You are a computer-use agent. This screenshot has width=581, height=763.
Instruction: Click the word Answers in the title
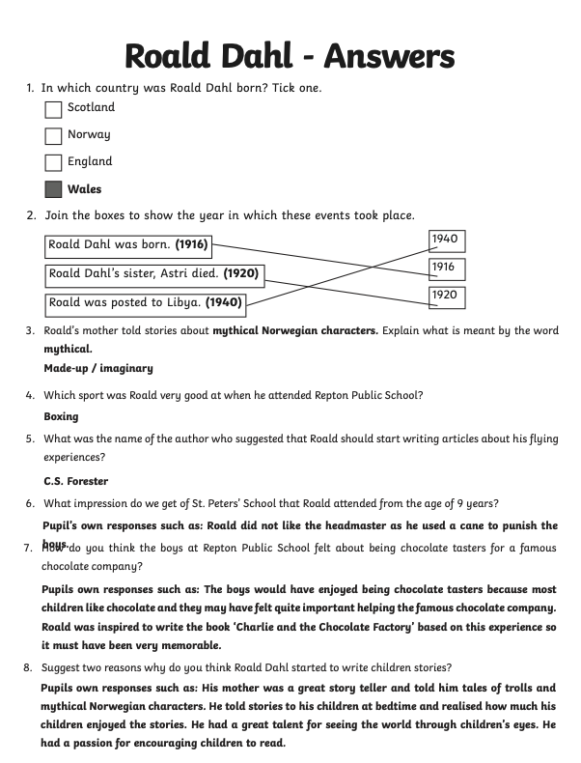tap(389, 56)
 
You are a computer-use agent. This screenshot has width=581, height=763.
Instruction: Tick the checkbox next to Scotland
tap(53, 109)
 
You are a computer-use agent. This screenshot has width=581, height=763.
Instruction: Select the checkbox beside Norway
tap(53, 136)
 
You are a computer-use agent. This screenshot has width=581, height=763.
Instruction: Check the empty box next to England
tap(53, 163)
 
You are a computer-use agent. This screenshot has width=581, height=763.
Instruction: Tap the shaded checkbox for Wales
tap(53, 190)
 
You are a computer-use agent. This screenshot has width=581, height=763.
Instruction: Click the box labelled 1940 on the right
tap(445, 240)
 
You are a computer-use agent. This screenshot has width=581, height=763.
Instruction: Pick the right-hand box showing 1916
tap(445, 268)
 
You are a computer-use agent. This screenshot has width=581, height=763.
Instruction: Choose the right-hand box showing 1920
tap(445, 296)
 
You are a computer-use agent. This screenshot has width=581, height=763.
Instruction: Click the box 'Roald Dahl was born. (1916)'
tap(128, 245)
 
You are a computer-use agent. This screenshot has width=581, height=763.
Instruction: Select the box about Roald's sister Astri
tap(154, 274)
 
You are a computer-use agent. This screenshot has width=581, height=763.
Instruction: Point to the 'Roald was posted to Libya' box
tap(145, 303)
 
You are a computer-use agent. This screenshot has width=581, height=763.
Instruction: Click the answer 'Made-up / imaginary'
tap(98, 368)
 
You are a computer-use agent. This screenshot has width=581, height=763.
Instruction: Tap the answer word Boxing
tap(61, 416)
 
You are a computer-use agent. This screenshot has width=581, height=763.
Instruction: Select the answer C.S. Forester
tap(75, 481)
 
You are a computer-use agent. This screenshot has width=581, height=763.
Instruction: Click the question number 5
tap(30, 439)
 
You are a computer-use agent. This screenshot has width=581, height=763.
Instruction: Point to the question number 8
tap(30, 667)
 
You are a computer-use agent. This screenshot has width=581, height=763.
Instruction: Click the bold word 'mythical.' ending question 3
tap(68, 349)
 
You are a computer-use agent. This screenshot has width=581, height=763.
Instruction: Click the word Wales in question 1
tap(84, 189)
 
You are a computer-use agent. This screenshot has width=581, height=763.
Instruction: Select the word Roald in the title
tap(174, 56)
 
